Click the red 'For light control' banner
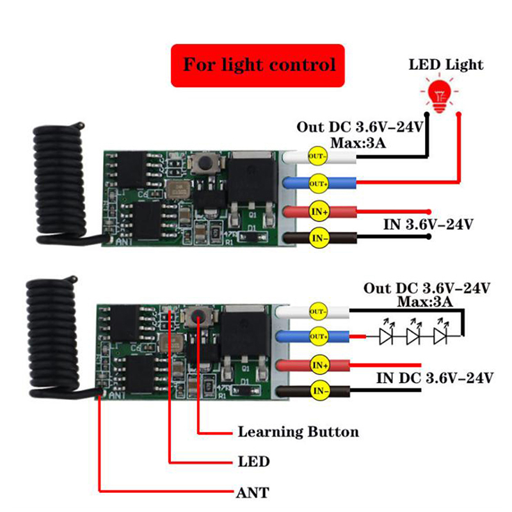click(x=259, y=65)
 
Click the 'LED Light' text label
click(x=447, y=65)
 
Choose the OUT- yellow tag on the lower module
click(x=318, y=311)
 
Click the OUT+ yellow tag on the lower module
click(x=318, y=337)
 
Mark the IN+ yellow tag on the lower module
click(x=318, y=365)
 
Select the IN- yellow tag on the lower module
click(x=318, y=389)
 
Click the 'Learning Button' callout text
click(x=298, y=431)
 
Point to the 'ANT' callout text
click(x=252, y=493)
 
